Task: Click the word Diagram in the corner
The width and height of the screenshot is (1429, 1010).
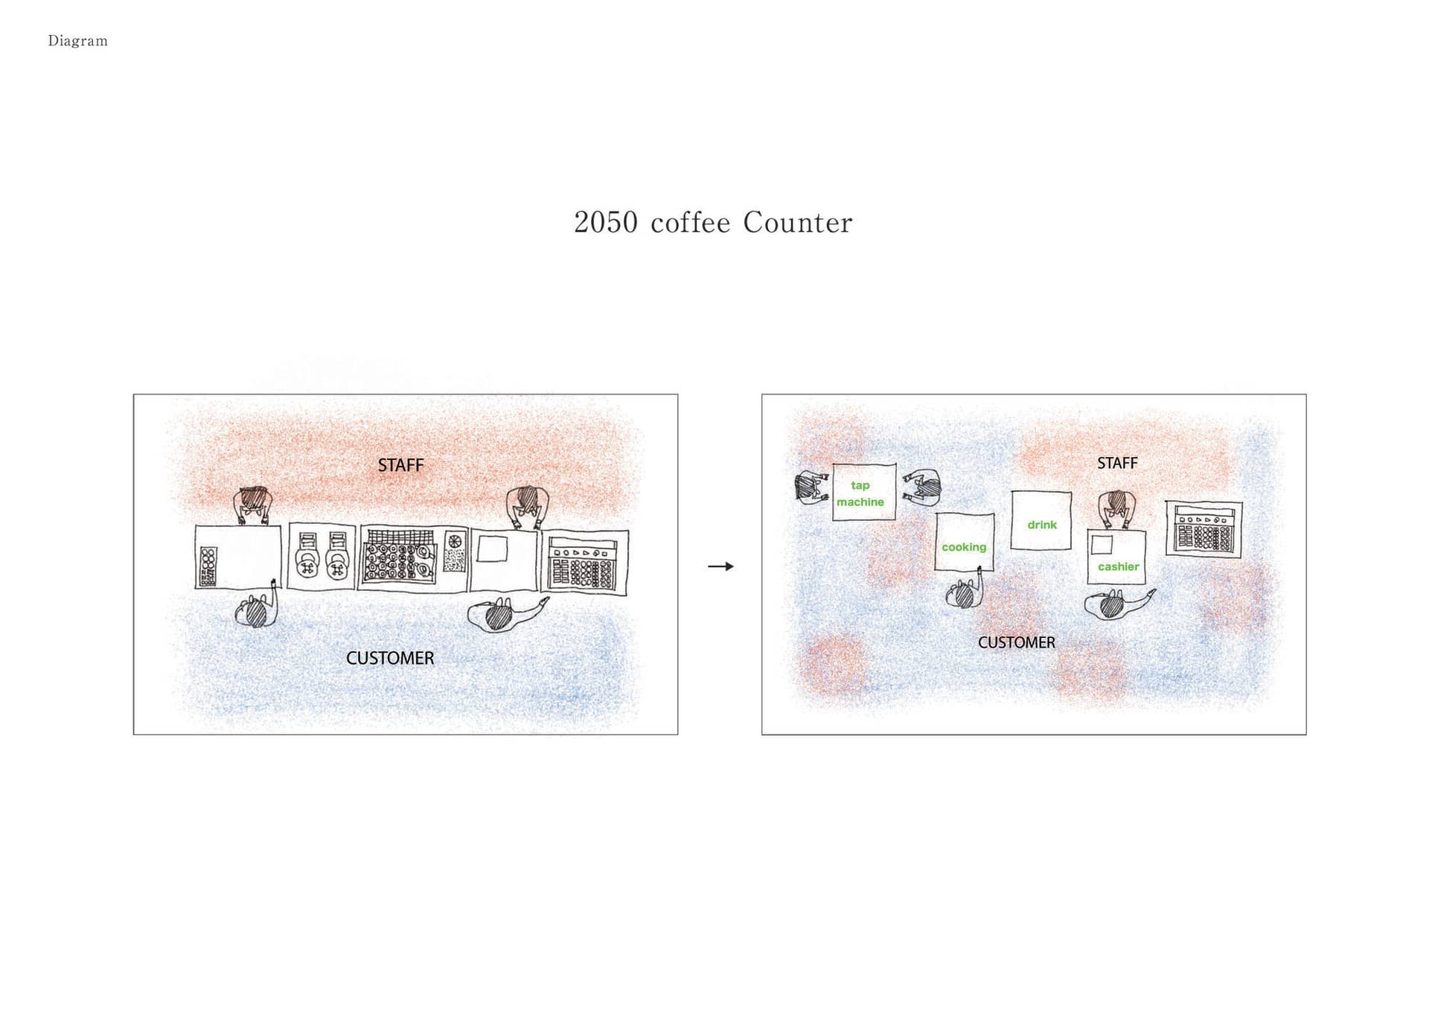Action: [x=77, y=41]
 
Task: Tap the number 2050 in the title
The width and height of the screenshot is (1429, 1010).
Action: [x=606, y=223]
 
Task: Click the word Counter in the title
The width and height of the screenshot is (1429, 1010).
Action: [x=797, y=223]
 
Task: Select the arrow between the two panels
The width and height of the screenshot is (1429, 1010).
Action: [x=720, y=566]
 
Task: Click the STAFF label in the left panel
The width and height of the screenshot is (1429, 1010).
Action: [x=400, y=465]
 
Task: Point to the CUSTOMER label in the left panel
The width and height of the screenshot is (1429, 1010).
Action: [x=390, y=658]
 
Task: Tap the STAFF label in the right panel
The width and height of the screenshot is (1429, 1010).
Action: [x=1117, y=463]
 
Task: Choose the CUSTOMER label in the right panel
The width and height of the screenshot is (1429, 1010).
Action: [x=1017, y=642]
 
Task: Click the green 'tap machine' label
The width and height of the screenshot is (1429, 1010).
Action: [x=860, y=493]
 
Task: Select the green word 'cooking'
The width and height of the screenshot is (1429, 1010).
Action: [x=964, y=547]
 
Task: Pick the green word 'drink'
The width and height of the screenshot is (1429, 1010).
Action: [x=1042, y=525]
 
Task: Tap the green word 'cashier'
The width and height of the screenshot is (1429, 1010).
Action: [x=1119, y=566]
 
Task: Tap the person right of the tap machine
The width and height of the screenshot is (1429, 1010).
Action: [x=922, y=488]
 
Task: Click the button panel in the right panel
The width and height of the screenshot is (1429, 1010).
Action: [x=1203, y=529]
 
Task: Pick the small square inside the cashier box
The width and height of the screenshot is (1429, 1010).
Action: [x=1102, y=544]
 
